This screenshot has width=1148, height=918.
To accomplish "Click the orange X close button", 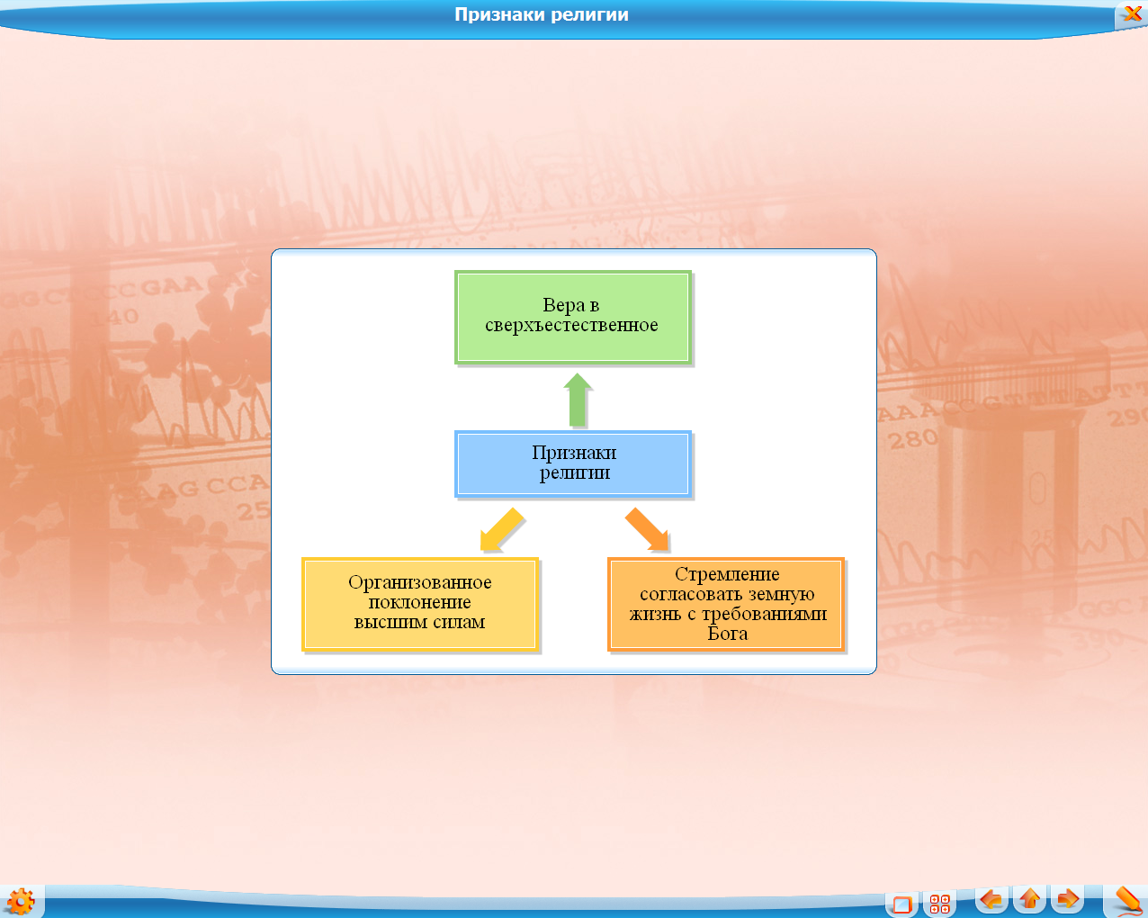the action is pos(1132,13).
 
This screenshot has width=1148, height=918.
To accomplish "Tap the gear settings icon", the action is pos(21,902).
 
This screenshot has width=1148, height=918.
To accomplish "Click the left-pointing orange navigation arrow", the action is pos(991,899).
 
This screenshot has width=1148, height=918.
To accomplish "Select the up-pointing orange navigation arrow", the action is pos(1029,899).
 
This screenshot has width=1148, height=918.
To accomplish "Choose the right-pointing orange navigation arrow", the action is pos(1067,899).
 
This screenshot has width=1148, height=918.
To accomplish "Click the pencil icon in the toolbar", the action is pos(1128,900).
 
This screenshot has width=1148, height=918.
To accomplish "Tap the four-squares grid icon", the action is pos(939,904).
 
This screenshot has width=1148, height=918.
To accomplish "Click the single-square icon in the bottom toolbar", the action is pos(902,904).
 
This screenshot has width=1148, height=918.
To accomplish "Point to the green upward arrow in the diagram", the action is pos(578,400).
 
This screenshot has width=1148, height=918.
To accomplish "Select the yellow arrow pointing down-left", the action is pos(501,529).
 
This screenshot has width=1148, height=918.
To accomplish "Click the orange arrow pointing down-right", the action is pos(647,529).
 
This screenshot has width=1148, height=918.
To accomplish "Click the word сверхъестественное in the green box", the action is pos(571,325).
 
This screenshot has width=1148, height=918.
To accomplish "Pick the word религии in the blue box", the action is pos(575,472).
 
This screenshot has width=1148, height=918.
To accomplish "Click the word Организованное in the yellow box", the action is pos(420,582).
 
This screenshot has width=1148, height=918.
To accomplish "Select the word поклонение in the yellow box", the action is pos(420,602).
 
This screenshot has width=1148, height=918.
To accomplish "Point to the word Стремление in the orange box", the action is pos(727,574).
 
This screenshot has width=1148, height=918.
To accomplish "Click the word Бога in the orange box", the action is pos(728,634).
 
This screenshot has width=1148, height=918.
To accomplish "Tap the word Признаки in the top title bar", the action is pos(499,14).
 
